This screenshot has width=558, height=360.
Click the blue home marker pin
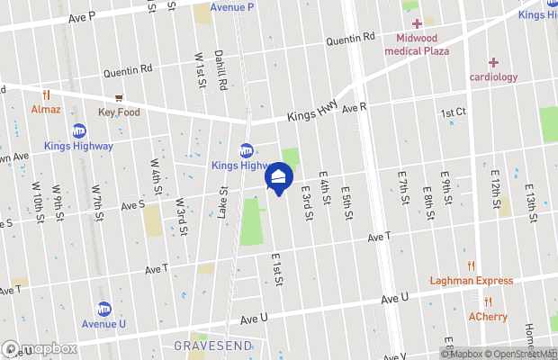[x=278, y=176]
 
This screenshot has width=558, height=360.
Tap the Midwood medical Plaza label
[x=417, y=45]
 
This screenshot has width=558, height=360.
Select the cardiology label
[x=493, y=76]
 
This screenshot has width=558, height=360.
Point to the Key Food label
[x=118, y=112]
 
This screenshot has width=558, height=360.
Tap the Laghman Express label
[x=471, y=281]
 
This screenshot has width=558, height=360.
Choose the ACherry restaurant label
[x=487, y=316]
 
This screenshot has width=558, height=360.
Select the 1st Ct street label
[x=453, y=112]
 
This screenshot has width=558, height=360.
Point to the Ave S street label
[x=132, y=205]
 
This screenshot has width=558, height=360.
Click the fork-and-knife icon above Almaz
[x=45, y=93]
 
